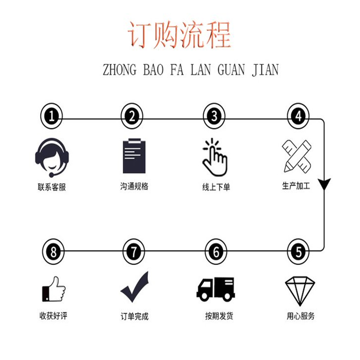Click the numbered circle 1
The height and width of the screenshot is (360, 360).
click(51, 116)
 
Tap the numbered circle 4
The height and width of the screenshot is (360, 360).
click(298, 116)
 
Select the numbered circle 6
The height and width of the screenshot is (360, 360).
click(216, 252)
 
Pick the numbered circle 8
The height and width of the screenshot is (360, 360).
click(53, 252)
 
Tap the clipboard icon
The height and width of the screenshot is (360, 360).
click(134, 156)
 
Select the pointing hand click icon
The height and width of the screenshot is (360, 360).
click(215, 157)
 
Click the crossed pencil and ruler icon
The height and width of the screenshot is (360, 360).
click(297, 156)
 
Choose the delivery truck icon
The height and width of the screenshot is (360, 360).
click(216, 289)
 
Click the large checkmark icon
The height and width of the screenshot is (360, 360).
click(135, 287)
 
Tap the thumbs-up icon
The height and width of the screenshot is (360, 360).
click(54, 289)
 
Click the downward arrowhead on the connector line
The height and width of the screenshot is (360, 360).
click(324, 184)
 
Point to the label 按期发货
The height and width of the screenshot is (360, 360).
click(219, 316)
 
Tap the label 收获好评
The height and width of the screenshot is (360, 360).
click(53, 316)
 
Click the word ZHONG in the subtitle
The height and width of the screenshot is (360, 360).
click(120, 70)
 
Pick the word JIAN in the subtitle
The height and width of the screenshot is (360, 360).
click(265, 70)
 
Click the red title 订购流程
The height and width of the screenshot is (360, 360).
click(180, 35)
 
